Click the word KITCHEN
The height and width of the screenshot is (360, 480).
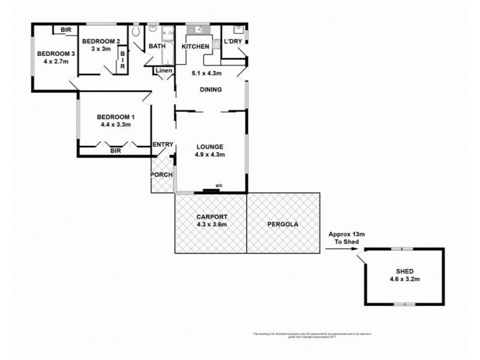pyautogui.click(x=196, y=46)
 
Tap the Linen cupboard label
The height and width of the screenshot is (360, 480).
pyautogui.click(x=164, y=71)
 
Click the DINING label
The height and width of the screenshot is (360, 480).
pyautogui.click(x=211, y=90)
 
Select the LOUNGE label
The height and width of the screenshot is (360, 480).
pyautogui.click(x=209, y=146)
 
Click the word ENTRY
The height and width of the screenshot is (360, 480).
pyautogui.click(x=163, y=145)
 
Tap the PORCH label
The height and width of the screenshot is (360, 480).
pyautogui.click(x=162, y=175)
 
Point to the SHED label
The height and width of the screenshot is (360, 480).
pyautogui.click(x=405, y=271)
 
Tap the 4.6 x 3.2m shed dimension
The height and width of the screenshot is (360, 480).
pyautogui.click(x=405, y=280)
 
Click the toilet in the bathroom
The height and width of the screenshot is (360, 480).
pyautogui.click(x=136, y=31)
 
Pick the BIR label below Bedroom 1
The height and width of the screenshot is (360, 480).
pyautogui.click(x=116, y=152)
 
